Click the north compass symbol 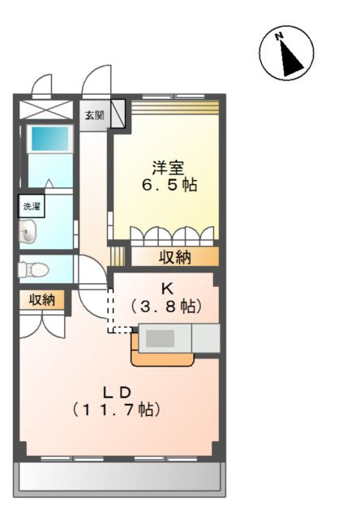pyautogui.click(x=285, y=54)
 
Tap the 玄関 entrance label pyautogui.click(x=94, y=115)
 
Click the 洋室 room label pyautogui.click(x=168, y=169)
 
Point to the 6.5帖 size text pyautogui.click(x=169, y=185)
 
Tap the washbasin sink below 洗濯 pyautogui.click(x=28, y=234)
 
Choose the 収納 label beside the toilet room pyautogui.click(x=42, y=300)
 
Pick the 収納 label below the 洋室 pyautogui.click(x=174, y=258)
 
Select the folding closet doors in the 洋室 pyautogui.click(x=174, y=236)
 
